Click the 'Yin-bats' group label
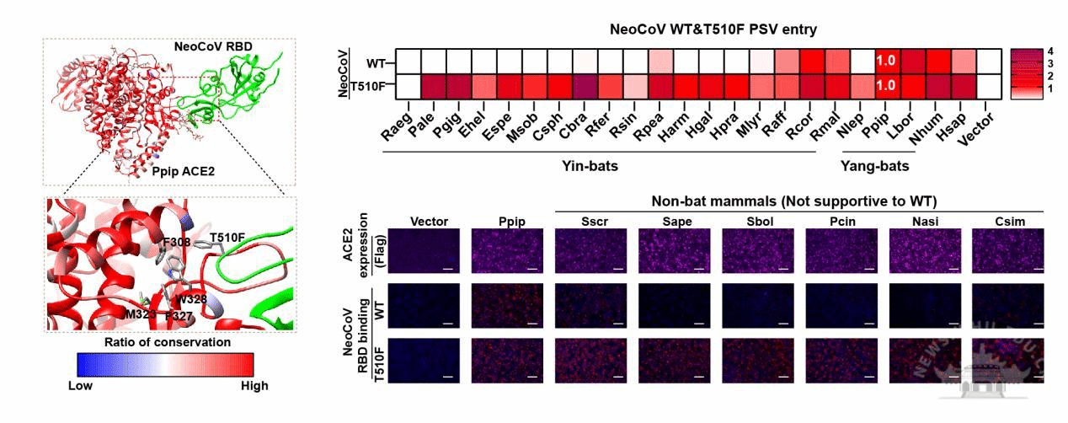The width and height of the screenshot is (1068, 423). pos(589,167)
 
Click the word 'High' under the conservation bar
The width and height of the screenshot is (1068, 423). pos(254,386)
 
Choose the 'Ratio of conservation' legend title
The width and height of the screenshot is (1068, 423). pos(168,342)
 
